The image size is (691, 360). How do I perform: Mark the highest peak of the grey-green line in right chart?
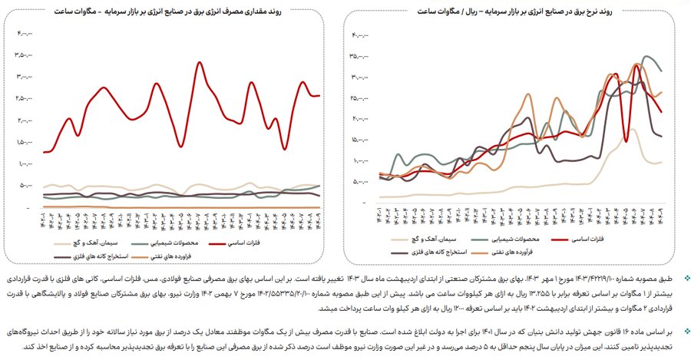pyautogui.click(x=647, y=56)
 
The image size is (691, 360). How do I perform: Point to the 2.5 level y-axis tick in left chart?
pyautogui.click(x=25, y=98)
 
